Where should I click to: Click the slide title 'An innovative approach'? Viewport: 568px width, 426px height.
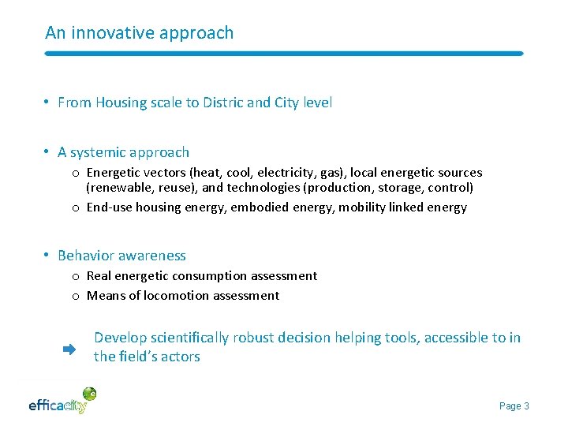pyautogui.click(x=140, y=33)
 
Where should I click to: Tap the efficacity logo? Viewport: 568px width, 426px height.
pyautogui.click(x=62, y=402)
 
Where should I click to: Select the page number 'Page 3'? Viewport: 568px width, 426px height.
pyautogui.click(x=514, y=406)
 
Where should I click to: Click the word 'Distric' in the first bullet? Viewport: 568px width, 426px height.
pyautogui.click(x=222, y=103)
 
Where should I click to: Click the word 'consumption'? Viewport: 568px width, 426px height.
pyautogui.click(x=217, y=276)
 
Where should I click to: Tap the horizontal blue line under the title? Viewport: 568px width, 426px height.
pyautogui.click(x=284, y=54)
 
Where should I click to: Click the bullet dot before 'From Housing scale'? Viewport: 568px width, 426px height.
pyautogui.click(x=48, y=103)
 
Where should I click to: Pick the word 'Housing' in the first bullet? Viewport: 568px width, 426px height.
pyautogui.click(x=121, y=103)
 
